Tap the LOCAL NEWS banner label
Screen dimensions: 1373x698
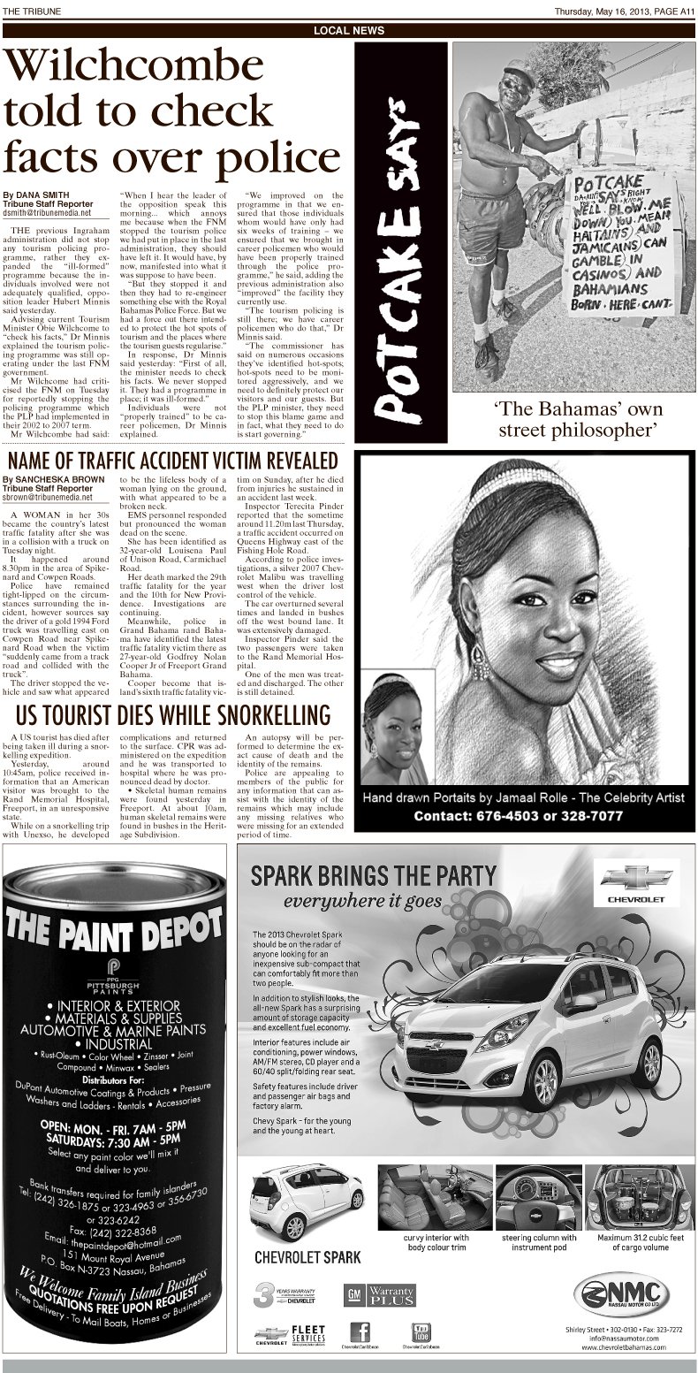coord(349,30)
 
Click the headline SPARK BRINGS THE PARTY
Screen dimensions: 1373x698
coord(374,875)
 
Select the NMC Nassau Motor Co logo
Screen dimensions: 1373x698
coord(618,1293)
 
